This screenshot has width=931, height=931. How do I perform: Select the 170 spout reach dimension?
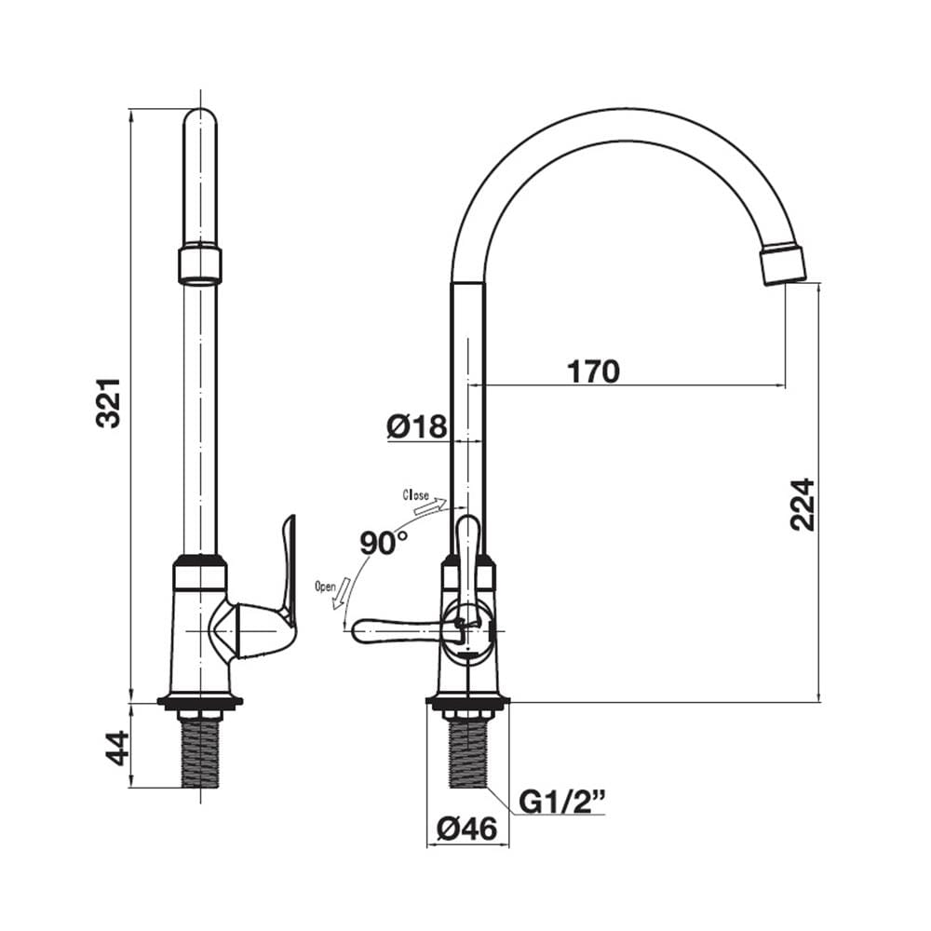593,371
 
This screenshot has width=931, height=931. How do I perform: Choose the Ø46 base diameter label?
466,829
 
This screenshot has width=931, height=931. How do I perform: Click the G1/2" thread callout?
561,802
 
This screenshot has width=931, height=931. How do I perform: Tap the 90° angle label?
385,543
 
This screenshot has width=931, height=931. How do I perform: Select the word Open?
325,587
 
